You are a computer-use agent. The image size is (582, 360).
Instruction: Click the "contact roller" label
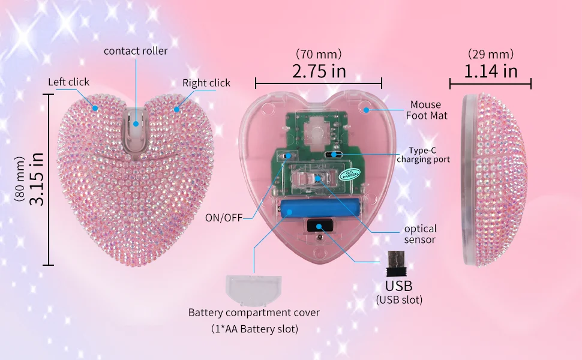(x=136, y=51)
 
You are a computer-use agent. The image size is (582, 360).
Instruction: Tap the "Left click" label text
(x=69, y=82)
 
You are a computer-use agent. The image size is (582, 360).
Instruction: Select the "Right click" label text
(x=206, y=83)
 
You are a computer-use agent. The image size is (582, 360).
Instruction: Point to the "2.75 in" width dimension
(x=319, y=71)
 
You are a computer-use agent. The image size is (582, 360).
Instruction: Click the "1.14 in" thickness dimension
(x=491, y=71)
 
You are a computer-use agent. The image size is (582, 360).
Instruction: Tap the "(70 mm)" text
(x=319, y=54)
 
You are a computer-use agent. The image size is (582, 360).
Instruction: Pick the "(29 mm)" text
(x=491, y=54)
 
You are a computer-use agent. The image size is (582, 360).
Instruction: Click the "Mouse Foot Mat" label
(x=425, y=110)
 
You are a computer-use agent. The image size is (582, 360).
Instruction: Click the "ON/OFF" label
(x=224, y=218)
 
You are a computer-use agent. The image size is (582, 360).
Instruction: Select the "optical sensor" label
(x=420, y=234)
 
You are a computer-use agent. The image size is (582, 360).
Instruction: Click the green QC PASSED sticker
(x=349, y=174)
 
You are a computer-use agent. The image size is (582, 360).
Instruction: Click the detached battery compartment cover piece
(x=254, y=290)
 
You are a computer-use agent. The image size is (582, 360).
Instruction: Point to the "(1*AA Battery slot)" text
(x=254, y=329)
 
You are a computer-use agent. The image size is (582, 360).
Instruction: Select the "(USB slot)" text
(x=399, y=300)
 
